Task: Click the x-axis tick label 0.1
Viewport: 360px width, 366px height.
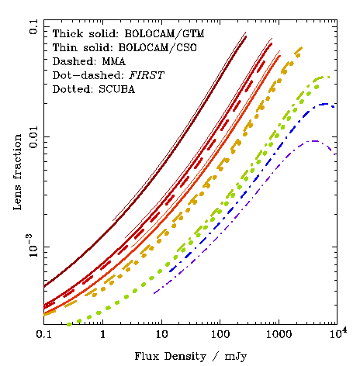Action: (43, 334)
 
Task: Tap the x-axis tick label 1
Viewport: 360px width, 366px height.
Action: (103, 334)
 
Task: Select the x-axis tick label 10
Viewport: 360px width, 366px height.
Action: (161, 334)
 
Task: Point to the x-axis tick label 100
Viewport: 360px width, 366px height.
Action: (220, 334)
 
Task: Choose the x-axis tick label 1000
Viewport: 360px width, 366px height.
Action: (279, 334)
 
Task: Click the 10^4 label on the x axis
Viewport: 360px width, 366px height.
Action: (337, 333)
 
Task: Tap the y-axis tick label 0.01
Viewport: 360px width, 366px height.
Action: (33, 137)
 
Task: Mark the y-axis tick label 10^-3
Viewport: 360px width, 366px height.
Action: (33, 246)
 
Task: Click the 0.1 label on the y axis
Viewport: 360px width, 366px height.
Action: (33, 26)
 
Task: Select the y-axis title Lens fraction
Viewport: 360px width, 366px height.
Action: (18, 172)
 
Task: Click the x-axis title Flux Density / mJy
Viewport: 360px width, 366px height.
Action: (191, 357)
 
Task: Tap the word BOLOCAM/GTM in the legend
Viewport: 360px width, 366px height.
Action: (164, 33)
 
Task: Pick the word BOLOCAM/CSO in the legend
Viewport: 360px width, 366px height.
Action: (157, 47)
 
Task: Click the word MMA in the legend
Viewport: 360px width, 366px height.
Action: (114, 61)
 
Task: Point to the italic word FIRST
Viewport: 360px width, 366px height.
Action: (147, 75)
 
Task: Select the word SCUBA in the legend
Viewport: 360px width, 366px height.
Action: (117, 89)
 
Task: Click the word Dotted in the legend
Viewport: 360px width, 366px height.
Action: (72, 89)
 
